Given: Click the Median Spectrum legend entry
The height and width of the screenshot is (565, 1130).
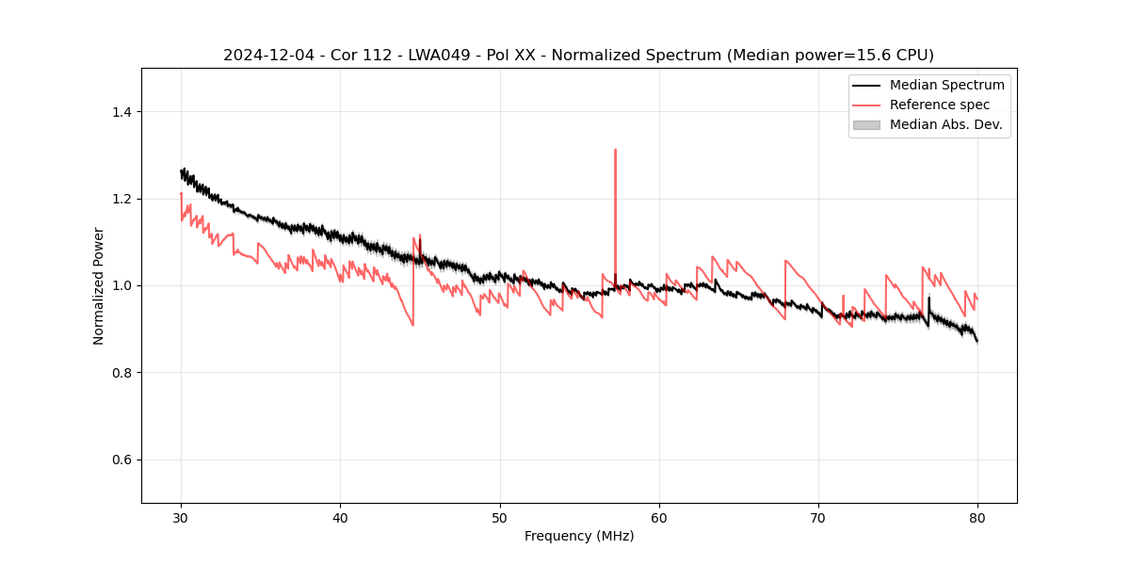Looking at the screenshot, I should point(946,85).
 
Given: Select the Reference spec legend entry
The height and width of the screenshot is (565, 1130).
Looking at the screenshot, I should point(939,105).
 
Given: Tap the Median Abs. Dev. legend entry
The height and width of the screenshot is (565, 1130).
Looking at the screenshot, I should point(945,124).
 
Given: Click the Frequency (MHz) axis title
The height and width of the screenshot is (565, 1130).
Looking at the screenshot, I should point(579,536).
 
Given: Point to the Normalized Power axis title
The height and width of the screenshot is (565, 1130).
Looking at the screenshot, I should point(98,285).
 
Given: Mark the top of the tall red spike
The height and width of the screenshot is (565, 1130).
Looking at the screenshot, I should point(615,149).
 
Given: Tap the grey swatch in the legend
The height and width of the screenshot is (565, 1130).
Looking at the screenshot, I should point(866,124).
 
